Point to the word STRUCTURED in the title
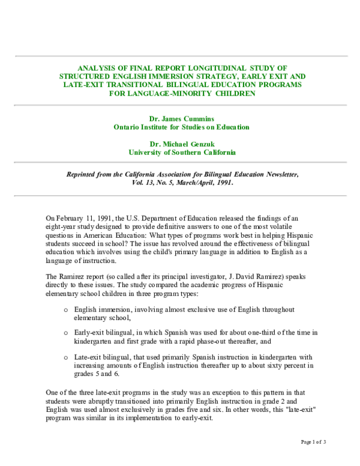pyautogui.click(x=83, y=76)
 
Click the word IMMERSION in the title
pyautogui.click(x=184, y=76)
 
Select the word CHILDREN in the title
pyautogui.click(x=234, y=93)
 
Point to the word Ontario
pyautogui.click(x=127, y=127)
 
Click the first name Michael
pyautogui.click(x=174, y=144)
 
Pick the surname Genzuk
pyautogui.click(x=202, y=144)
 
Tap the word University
pyautogui.click(x=145, y=153)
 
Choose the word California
pyautogui.click(x=220, y=153)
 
